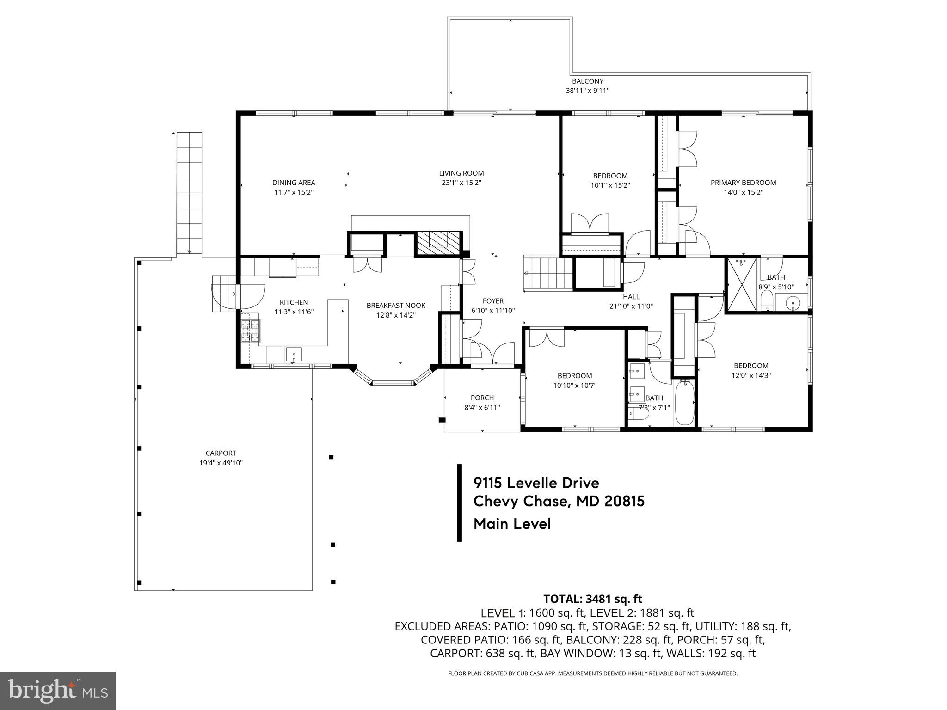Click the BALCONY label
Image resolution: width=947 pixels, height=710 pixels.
587,81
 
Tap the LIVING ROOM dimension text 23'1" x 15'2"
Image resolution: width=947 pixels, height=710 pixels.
461,183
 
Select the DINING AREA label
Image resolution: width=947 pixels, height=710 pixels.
294,183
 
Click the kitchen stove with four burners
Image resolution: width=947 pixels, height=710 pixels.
250,331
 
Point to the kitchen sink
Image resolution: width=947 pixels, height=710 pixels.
293,355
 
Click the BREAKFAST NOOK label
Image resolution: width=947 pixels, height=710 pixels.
396,306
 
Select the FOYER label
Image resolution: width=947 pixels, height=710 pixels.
493,301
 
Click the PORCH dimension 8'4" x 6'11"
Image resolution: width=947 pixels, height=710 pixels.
482,408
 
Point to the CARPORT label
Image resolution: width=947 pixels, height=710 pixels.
221,453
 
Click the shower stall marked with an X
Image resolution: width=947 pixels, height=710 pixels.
741,286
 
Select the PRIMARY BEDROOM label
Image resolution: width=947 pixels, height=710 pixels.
743,183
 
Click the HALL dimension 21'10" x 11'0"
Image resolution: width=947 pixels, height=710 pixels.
631,306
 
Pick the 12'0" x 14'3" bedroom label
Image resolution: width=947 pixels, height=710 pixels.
751,366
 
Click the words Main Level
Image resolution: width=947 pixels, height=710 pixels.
512,524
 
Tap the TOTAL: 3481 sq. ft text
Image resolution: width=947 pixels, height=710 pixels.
592,599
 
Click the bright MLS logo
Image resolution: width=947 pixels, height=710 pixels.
58,691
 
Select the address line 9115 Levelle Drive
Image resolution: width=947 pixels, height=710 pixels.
536,483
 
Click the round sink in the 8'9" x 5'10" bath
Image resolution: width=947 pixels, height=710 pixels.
793,303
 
